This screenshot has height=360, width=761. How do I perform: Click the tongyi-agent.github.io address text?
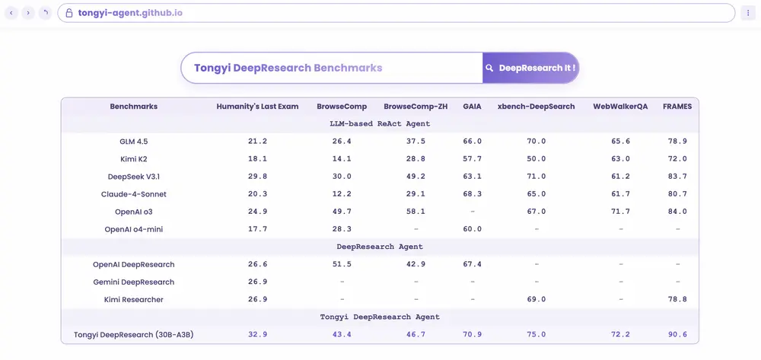[129, 13]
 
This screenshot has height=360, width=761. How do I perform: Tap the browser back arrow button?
[11, 13]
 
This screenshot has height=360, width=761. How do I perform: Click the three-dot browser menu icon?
[748, 13]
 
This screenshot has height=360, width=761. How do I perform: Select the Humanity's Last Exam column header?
[257, 107]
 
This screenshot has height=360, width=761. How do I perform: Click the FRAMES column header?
[677, 107]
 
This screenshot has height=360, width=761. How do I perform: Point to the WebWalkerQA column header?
[620, 107]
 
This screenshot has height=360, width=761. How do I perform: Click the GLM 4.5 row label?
[133, 142]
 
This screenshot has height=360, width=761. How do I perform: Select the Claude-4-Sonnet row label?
[133, 194]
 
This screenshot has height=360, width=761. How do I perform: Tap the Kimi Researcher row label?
[133, 299]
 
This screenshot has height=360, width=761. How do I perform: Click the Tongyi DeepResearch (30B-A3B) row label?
[133, 335]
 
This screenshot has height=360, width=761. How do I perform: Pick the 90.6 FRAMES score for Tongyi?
[677, 335]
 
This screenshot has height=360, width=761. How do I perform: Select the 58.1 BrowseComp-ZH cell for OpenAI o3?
[416, 212]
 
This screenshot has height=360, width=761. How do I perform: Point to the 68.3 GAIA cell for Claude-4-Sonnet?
[472, 194]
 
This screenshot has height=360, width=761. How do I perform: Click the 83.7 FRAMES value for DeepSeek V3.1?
[677, 177]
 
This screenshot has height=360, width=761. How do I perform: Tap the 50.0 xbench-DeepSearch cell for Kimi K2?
[536, 159]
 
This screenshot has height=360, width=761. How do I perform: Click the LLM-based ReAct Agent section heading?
[380, 123]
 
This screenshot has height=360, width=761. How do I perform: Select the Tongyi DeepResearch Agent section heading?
[380, 317]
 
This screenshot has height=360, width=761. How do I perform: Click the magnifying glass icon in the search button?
[490, 68]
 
